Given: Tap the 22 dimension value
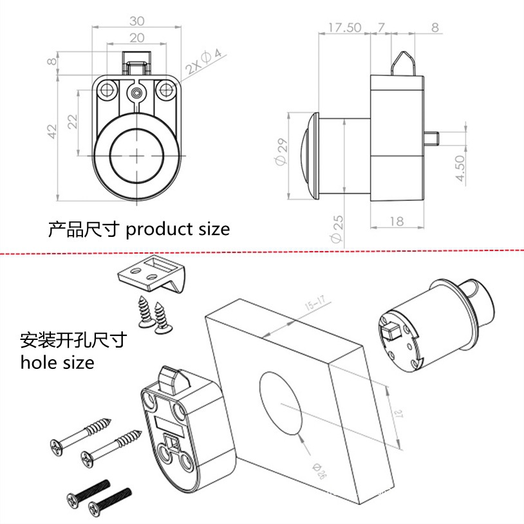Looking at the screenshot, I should coord(72,122).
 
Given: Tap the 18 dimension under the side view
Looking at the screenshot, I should coord(397,221).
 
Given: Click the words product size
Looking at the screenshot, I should coord(177,229).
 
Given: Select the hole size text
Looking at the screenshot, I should coord(57,362).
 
